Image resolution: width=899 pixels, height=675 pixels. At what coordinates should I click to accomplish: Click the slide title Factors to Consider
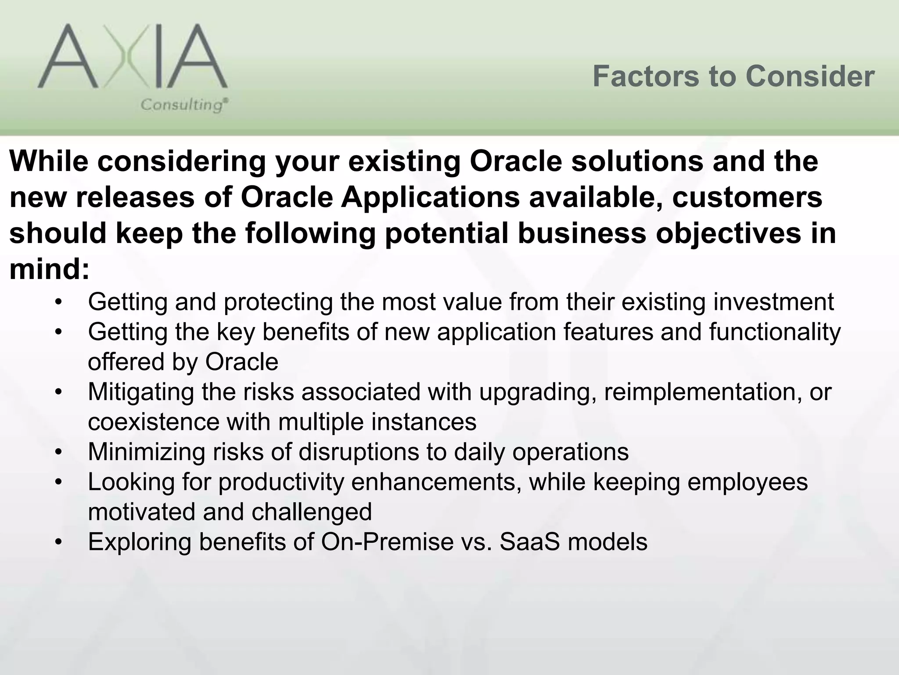733,76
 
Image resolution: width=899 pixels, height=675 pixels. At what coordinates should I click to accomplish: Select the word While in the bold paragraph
48,161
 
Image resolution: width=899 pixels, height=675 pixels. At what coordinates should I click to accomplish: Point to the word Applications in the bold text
430,198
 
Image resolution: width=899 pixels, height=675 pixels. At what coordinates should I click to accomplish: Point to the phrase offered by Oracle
183,362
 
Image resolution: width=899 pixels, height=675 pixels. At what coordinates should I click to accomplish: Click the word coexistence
153,422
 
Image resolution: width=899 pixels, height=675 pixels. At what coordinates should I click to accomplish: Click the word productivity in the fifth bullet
281,483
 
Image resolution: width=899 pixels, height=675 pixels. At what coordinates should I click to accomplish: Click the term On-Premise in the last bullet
387,542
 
